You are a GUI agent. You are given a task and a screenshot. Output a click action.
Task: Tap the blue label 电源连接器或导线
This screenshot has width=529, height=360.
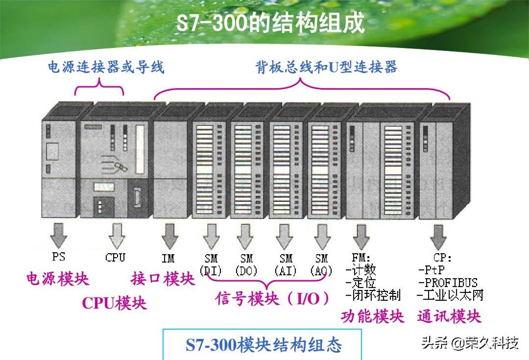click(x=105, y=67)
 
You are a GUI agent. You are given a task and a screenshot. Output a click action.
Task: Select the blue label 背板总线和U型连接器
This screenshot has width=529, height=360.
click(x=326, y=67)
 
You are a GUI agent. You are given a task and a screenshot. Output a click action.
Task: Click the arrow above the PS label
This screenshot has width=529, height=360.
click(x=59, y=235)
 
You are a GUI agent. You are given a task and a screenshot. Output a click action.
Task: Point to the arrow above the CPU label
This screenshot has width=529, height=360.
click(x=116, y=235)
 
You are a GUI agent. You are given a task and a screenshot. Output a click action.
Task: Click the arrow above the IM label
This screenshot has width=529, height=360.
click(x=169, y=235)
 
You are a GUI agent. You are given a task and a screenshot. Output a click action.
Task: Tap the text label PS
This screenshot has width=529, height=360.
click(x=58, y=257)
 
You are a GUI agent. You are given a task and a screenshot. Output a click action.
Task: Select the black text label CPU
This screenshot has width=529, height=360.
click(x=115, y=257)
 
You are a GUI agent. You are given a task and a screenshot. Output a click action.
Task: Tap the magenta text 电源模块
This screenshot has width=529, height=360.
click(x=58, y=279)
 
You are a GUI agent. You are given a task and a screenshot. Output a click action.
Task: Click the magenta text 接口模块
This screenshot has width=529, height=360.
click(x=163, y=279)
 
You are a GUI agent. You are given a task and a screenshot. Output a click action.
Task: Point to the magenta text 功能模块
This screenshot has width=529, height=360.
click(x=373, y=316)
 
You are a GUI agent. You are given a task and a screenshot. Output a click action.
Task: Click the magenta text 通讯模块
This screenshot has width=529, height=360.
click(x=449, y=316)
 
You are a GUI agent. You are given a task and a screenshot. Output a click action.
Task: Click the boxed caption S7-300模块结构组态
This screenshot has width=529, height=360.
click(x=264, y=344)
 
